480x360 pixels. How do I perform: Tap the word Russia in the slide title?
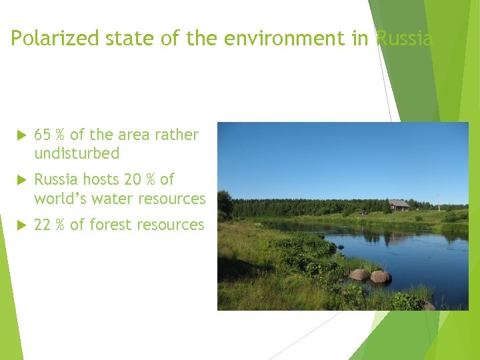pos(404,39)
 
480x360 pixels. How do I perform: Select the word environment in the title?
pos(287,39)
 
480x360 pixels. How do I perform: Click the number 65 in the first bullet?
pos(42,135)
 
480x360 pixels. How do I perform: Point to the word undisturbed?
pos(77,153)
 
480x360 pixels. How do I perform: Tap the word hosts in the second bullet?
pos(101,179)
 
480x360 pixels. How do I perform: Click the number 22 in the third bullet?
pos(42,225)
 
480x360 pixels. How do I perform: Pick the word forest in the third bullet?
pos(109,225)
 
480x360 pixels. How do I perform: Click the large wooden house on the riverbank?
pos(399,205)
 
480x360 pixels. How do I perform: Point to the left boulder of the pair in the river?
pos(359,275)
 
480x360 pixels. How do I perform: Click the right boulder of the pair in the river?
pos(381,276)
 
